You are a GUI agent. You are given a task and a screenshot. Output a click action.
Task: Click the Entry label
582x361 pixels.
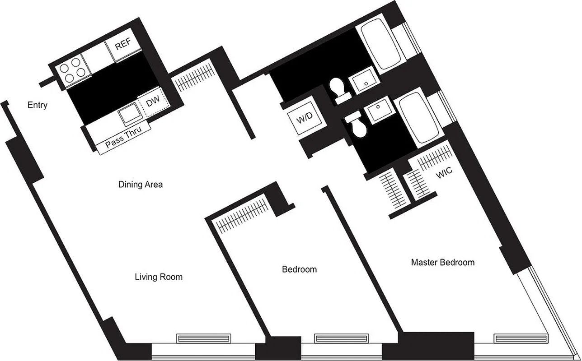(37, 105)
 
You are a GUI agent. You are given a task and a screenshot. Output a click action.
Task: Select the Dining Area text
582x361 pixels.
(140, 184)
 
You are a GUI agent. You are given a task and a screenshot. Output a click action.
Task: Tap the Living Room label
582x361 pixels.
(159, 277)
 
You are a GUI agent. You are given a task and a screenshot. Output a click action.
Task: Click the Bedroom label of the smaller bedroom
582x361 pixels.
(299, 269)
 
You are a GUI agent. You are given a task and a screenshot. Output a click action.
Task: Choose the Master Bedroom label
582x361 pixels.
(442, 262)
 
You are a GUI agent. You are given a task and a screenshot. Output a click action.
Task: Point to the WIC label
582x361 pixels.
(444, 174)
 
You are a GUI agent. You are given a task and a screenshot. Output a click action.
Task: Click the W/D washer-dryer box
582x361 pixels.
(304, 120)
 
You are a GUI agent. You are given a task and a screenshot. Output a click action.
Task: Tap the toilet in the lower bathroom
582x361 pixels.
(357, 126)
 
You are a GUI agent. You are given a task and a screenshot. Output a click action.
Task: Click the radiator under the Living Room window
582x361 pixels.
(203, 338)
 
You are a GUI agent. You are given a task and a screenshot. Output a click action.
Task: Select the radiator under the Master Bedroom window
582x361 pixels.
(521, 338)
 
